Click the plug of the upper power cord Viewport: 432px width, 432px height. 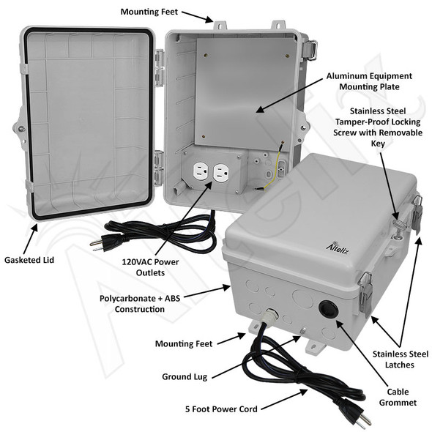click(x=98, y=244)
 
